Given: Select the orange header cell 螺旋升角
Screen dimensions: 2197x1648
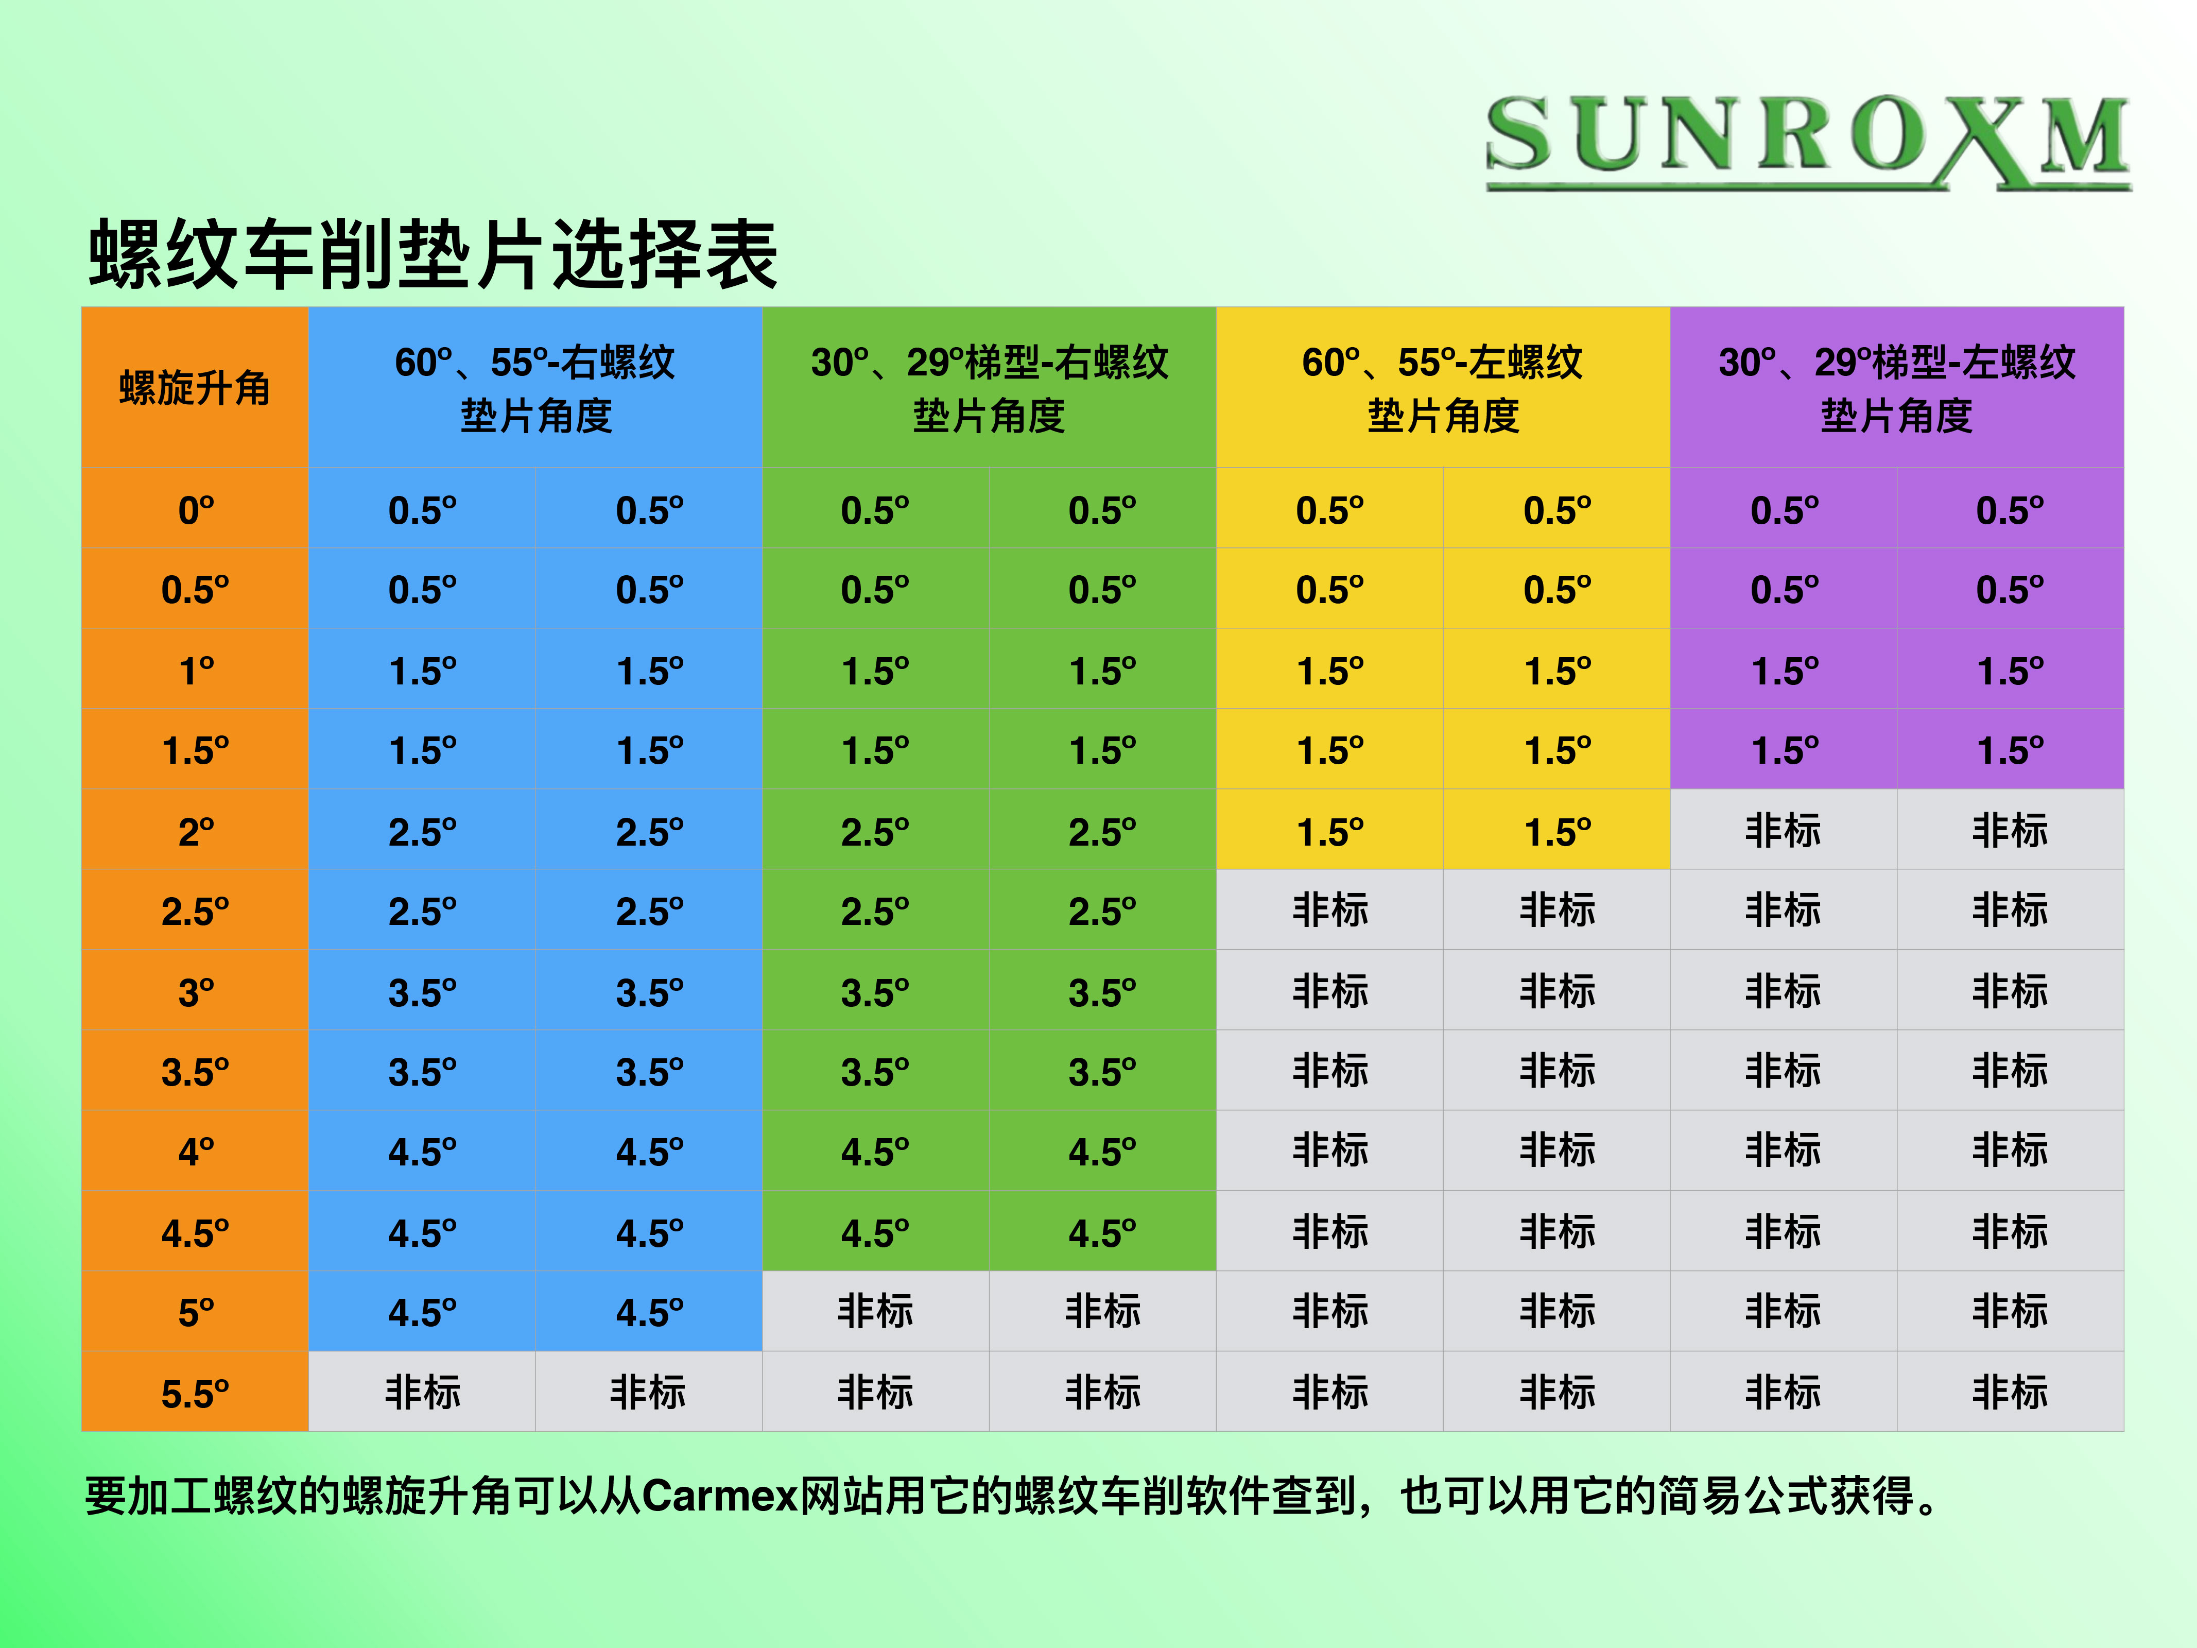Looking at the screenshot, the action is (195, 387).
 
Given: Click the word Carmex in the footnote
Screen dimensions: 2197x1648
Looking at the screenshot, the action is (720, 1495).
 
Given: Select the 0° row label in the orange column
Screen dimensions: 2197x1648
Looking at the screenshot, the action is (196, 510).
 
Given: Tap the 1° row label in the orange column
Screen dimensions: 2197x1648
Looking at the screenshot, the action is (196, 671).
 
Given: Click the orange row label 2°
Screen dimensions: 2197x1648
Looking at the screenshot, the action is (196, 831).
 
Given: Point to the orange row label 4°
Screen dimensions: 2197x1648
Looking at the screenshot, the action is (196, 1152).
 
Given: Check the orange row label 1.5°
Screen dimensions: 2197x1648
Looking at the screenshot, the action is (195, 750).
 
